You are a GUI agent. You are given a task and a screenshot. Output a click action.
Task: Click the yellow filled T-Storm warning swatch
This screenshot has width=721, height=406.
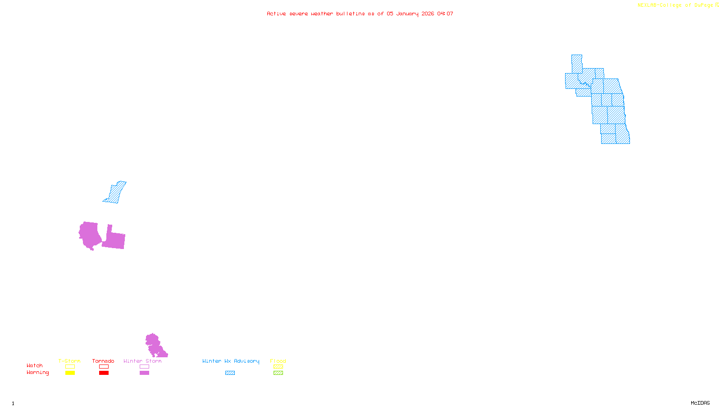(x=70, y=373)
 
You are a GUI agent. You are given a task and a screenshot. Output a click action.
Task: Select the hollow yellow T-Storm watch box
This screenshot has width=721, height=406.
(x=70, y=367)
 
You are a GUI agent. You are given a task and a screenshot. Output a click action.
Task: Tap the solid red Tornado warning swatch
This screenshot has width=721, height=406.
(x=104, y=373)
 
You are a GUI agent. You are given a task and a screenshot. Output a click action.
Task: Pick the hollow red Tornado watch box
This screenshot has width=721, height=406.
(x=104, y=367)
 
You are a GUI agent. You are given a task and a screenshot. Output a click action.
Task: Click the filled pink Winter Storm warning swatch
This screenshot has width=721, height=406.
(x=144, y=373)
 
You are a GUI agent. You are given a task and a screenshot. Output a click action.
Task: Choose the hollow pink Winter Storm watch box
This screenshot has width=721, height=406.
(x=144, y=367)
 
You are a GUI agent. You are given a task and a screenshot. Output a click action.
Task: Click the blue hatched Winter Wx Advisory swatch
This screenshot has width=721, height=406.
(x=230, y=373)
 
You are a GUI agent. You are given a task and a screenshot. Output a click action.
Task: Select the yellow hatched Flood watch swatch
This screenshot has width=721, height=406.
(x=278, y=367)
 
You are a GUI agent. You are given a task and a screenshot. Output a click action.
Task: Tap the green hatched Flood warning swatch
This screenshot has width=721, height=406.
(x=278, y=373)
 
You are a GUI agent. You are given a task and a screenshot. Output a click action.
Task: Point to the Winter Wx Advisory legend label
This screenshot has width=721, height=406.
(x=231, y=361)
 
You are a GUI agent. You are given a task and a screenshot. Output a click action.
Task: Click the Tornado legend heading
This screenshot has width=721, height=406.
(x=103, y=361)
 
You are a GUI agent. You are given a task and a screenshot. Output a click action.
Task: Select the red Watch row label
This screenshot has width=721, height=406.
(x=35, y=366)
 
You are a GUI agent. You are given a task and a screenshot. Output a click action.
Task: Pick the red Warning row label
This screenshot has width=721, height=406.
(x=38, y=373)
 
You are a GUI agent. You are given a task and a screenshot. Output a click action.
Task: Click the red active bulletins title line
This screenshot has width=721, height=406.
(x=360, y=14)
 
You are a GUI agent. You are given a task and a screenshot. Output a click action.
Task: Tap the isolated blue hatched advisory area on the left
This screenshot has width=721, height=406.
(x=115, y=193)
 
